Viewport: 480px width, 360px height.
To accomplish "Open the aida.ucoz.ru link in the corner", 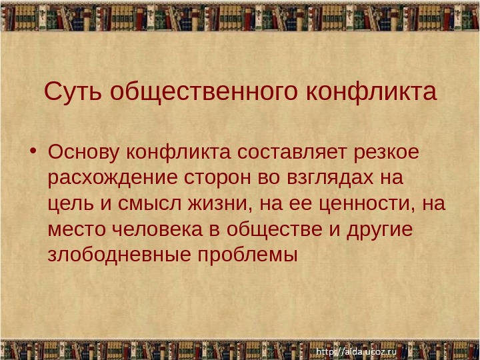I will pyautogui.click(x=356, y=350).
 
